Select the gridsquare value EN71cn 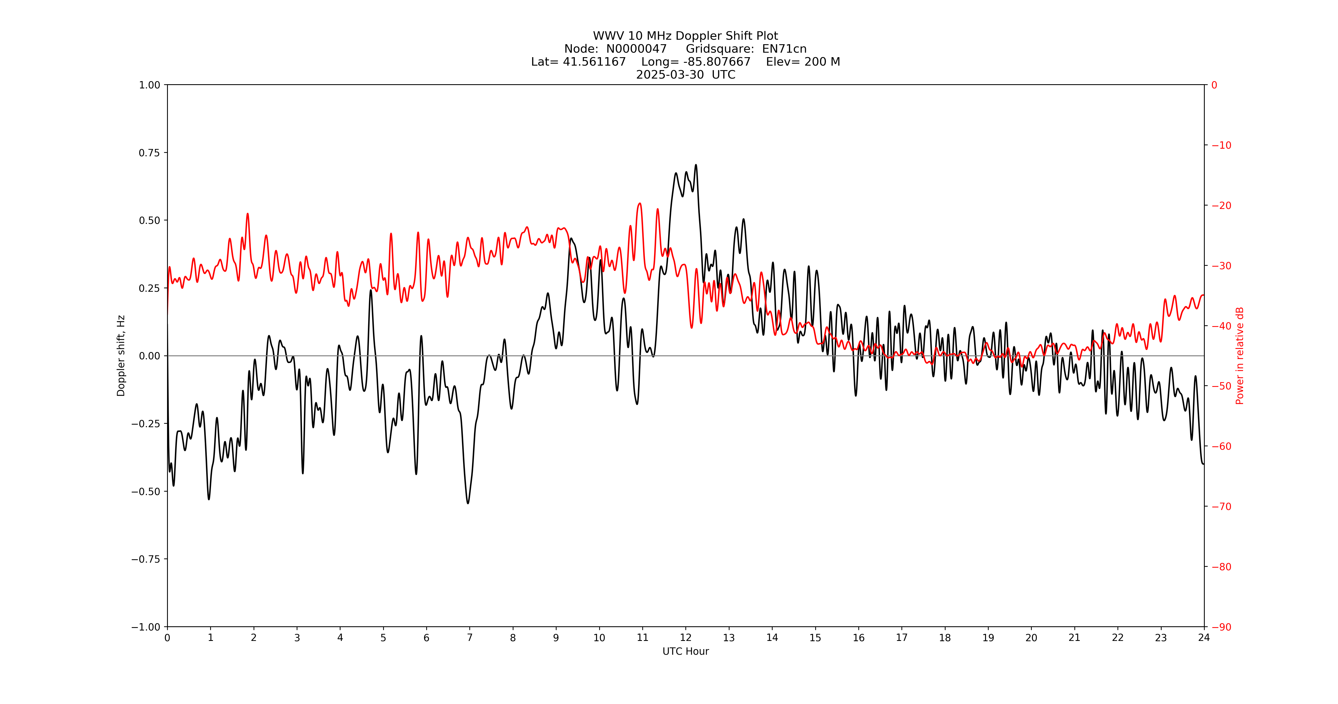point(784,49)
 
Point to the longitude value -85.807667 point(717,62)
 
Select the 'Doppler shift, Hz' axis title point(121,356)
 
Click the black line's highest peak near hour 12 point(696,165)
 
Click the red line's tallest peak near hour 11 point(640,204)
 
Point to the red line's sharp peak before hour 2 point(248,214)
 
